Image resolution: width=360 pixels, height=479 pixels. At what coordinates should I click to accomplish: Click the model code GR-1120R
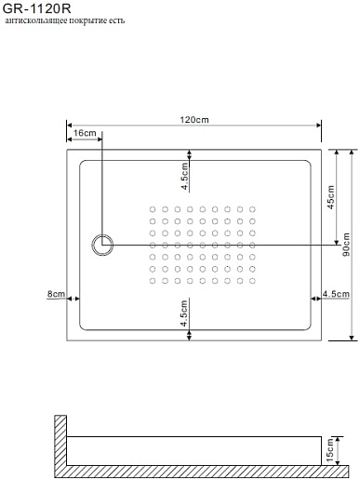(37, 8)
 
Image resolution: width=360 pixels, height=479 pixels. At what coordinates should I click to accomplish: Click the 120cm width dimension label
(194, 120)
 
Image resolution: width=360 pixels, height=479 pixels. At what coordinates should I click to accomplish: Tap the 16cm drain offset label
(85, 133)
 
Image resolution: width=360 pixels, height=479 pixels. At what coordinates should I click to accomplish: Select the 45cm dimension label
(331, 197)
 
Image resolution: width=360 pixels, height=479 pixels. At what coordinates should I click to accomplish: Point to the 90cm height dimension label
(346, 245)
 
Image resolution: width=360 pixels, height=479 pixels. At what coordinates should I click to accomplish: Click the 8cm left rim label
(56, 294)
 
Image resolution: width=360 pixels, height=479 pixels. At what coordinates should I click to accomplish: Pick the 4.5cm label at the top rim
(184, 176)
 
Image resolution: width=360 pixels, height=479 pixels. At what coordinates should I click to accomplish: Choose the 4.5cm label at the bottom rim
(184, 313)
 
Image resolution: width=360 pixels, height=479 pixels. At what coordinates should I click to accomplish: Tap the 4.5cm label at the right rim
(336, 294)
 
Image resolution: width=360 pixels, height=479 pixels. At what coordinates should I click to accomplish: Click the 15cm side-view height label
(330, 449)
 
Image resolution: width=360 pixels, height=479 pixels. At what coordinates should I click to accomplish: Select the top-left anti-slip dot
(153, 209)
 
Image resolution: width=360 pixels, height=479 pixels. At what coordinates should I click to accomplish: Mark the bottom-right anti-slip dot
(252, 281)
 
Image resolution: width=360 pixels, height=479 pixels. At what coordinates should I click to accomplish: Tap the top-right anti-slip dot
(252, 209)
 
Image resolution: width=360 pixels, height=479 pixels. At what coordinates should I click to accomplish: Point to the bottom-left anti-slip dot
(153, 281)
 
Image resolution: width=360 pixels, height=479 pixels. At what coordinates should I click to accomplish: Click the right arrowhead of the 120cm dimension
(318, 125)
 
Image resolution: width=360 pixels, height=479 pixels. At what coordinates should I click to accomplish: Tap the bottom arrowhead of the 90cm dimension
(352, 338)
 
